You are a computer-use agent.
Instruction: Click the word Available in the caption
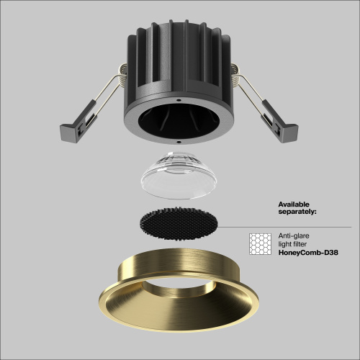295,204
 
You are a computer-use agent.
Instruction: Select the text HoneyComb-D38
308,252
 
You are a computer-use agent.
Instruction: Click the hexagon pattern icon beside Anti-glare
259,243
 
